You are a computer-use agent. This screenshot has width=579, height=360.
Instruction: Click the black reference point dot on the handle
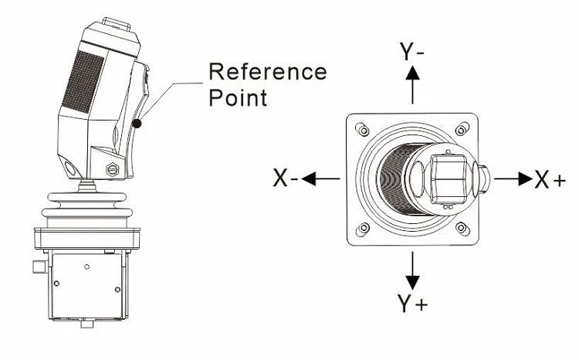point(137,122)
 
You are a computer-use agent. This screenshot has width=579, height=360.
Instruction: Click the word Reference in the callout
point(268,72)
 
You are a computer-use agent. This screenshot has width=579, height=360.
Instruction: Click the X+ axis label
point(550,180)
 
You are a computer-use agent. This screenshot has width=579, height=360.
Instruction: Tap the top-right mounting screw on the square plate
point(462,127)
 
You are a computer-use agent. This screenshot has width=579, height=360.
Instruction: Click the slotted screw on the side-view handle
point(110,169)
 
